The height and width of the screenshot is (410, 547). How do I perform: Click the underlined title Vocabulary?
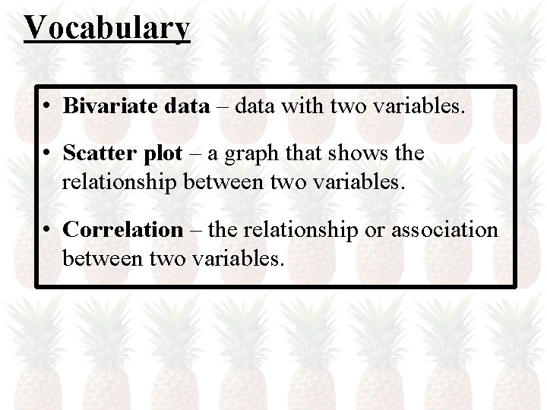point(107,28)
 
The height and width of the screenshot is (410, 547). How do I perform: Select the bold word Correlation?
point(124,229)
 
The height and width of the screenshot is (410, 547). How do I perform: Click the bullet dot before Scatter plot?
point(47,155)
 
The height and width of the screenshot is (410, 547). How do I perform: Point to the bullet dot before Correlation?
point(47,229)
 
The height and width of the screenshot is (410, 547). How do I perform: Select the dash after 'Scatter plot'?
point(194,155)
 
